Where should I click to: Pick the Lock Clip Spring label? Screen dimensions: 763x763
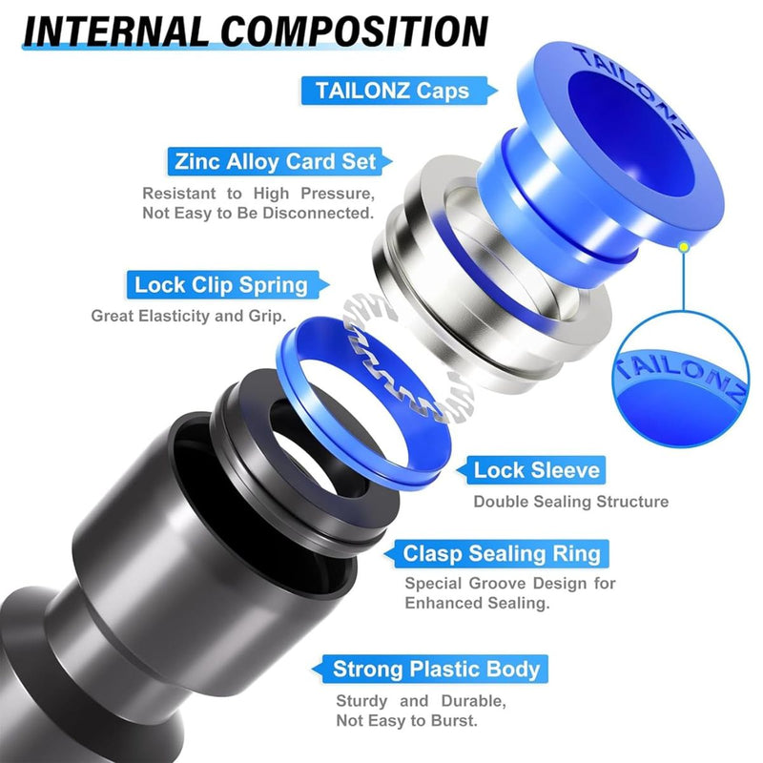[x=221, y=284]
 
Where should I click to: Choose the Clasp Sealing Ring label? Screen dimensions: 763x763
[x=502, y=553]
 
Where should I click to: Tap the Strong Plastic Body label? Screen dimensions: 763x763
[x=436, y=669]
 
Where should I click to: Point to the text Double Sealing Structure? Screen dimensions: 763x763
[x=570, y=502]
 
